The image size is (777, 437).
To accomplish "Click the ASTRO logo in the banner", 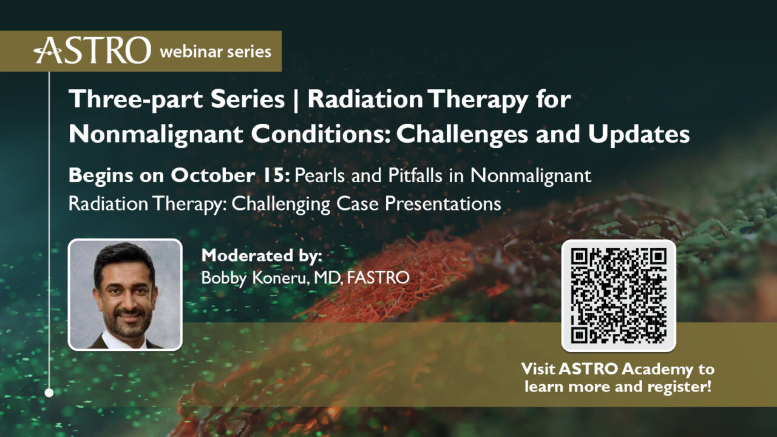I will point(92,50).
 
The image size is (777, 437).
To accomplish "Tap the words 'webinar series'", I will point(215,52).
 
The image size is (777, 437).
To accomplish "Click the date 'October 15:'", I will point(231,175).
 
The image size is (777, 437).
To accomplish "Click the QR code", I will point(619,296).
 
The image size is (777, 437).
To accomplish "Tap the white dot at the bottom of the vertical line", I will point(49,393).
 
